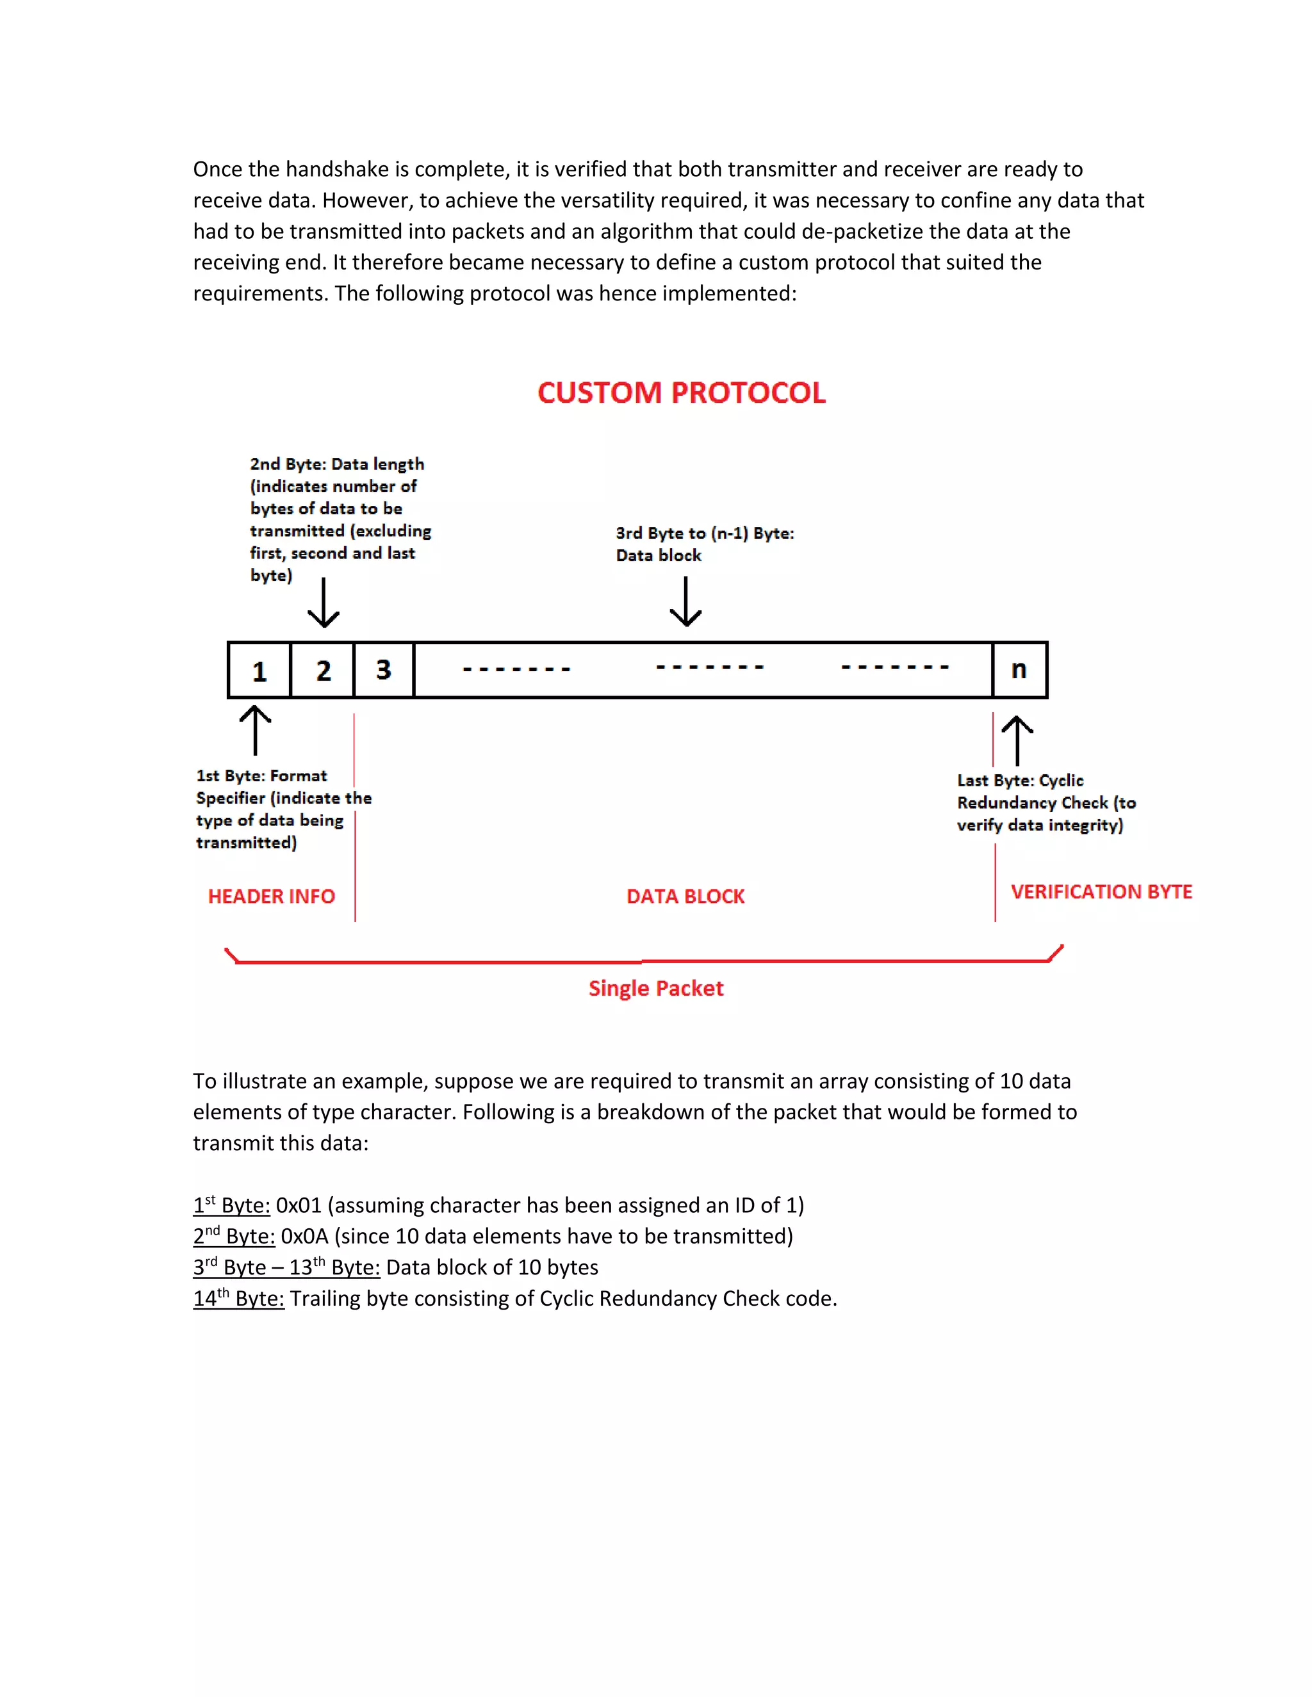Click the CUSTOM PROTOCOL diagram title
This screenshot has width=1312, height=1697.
pos(681,393)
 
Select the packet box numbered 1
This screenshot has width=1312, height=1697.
pos(259,670)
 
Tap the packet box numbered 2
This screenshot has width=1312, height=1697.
pos(323,670)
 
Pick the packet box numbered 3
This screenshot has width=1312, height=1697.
pos(384,669)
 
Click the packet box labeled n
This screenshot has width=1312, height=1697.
pos(1019,669)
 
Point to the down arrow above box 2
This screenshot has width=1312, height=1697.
pos(324,603)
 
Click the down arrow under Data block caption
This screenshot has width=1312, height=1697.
pos(685,601)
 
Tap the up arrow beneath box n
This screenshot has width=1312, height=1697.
pos(1017,740)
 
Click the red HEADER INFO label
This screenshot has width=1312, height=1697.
pos(271,896)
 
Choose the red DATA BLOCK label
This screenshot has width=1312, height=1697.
pos(685,896)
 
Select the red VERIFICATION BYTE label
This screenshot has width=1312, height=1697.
pos(1101,891)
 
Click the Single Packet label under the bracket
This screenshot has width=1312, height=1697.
pos(655,988)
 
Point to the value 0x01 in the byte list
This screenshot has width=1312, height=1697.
pos(299,1205)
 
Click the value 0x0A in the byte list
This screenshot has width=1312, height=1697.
pos(304,1236)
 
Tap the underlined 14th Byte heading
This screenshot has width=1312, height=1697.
pos(238,1299)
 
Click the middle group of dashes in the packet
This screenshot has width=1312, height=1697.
pos(710,667)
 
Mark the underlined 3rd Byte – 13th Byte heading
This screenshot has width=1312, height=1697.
pos(286,1267)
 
